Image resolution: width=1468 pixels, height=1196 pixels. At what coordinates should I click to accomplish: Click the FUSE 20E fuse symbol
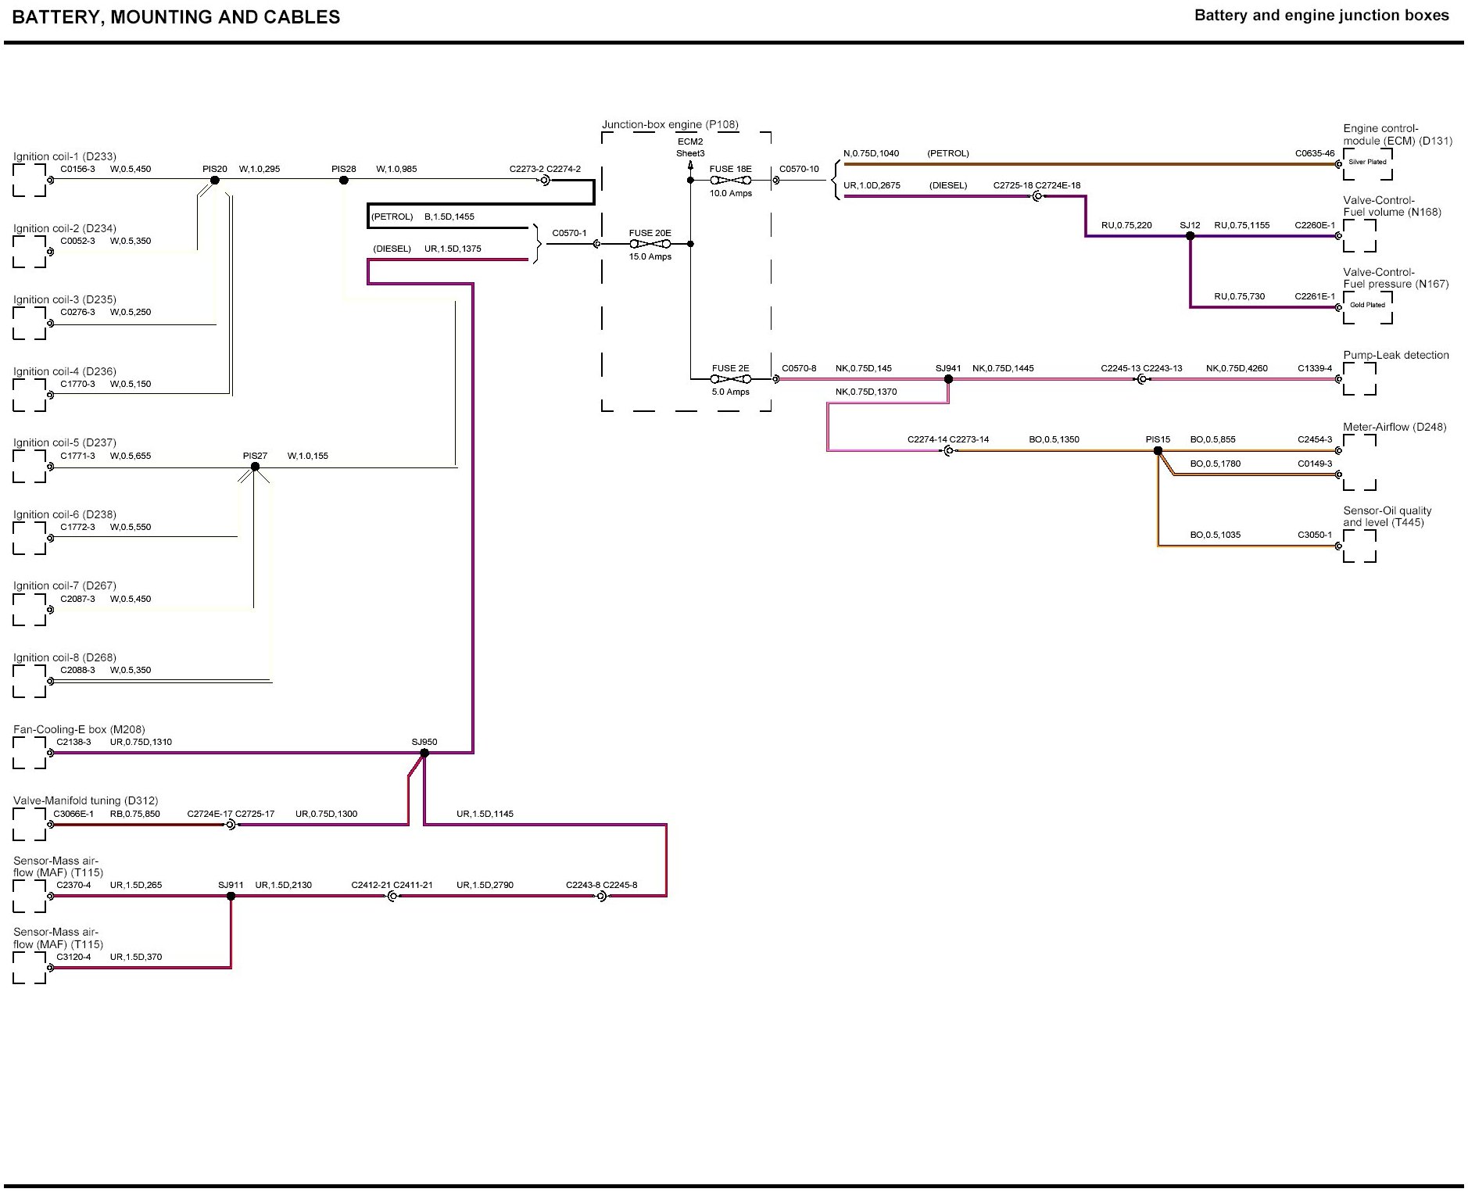tap(650, 244)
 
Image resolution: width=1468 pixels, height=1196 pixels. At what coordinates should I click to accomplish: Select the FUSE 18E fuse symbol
tap(730, 181)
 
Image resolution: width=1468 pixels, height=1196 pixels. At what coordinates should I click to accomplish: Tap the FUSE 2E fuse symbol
tap(730, 379)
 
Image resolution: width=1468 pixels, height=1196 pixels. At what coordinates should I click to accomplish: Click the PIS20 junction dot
tap(215, 181)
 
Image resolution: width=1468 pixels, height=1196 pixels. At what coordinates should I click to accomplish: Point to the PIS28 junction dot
tap(343, 181)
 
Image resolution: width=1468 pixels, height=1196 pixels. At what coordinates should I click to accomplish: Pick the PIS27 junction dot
tap(255, 467)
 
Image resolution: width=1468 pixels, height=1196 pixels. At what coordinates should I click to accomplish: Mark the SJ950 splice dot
tap(424, 753)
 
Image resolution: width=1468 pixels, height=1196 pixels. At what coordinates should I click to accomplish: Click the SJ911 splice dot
tap(231, 896)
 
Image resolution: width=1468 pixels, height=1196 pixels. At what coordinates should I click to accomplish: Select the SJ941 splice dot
tap(948, 379)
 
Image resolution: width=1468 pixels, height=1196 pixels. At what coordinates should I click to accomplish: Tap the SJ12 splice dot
tap(1190, 235)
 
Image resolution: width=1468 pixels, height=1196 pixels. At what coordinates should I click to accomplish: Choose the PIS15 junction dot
tap(1158, 450)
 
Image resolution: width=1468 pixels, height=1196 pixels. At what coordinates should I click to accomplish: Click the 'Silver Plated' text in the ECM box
tap(1367, 162)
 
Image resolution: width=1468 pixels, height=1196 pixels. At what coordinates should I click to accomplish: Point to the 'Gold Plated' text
tap(1367, 305)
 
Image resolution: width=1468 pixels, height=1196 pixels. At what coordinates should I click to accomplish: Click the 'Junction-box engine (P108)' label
tap(670, 124)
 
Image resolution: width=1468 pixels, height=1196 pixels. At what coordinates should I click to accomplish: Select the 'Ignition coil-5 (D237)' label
tap(65, 442)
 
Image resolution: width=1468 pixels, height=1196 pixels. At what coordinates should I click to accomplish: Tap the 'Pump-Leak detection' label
tap(1396, 355)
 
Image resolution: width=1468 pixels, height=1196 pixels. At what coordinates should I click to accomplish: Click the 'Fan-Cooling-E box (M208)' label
tap(79, 729)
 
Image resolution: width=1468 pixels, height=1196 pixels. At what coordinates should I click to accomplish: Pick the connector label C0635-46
tap(1315, 153)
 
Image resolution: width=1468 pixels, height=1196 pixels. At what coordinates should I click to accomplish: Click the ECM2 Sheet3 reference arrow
tap(690, 163)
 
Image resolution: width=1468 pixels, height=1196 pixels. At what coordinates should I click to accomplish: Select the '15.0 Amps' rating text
tap(650, 256)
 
